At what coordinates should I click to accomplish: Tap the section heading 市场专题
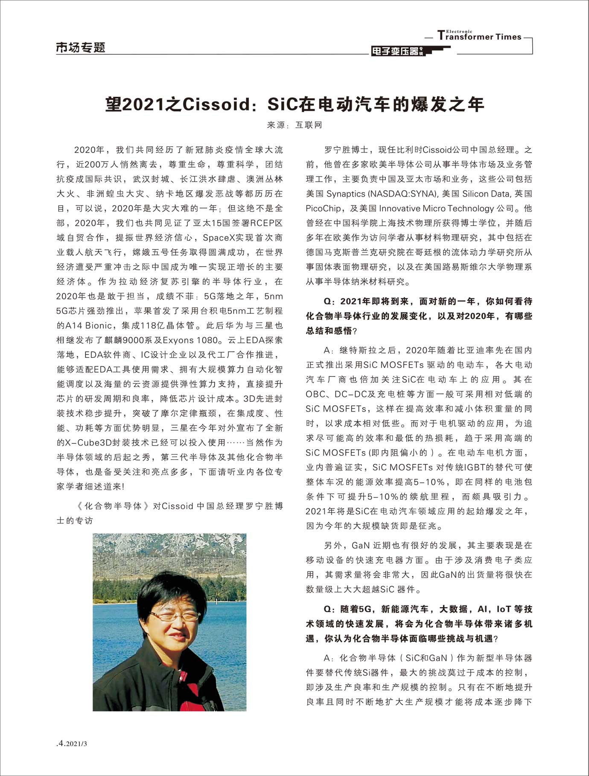(80, 47)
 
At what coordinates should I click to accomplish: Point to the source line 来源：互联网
(294, 125)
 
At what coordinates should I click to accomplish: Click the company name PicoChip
(324, 208)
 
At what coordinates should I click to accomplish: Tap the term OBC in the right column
(316, 394)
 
